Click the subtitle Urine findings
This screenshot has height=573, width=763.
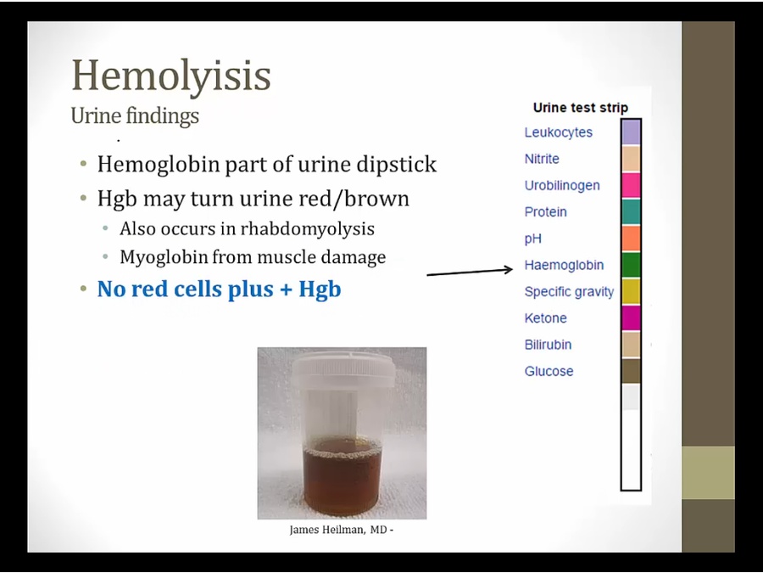click(x=135, y=116)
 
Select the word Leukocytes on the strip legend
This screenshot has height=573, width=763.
click(x=558, y=132)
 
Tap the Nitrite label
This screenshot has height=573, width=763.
click(x=542, y=159)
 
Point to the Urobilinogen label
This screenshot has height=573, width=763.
click(x=562, y=186)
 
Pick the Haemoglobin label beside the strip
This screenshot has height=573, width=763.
click(x=564, y=265)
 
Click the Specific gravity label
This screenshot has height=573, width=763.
click(x=569, y=292)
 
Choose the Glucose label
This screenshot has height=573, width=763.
click(x=549, y=371)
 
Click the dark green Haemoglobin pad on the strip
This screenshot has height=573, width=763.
click(x=631, y=265)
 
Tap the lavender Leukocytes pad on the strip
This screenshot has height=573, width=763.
click(x=631, y=132)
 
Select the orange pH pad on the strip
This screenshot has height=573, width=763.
click(x=631, y=239)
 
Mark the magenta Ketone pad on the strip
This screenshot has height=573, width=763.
click(x=631, y=318)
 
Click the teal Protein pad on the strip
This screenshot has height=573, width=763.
click(x=631, y=212)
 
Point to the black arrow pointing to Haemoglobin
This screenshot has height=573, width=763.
click(x=470, y=272)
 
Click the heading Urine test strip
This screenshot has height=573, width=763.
click(x=581, y=108)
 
